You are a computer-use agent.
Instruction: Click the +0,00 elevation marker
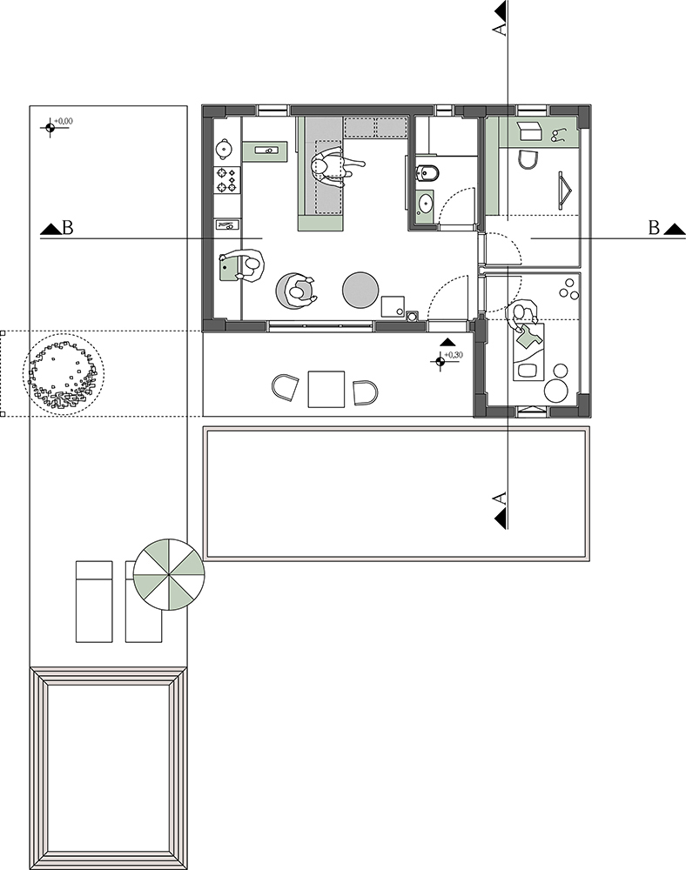pyautogui.click(x=50, y=127)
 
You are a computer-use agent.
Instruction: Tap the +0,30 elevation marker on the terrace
pyautogui.click(x=441, y=361)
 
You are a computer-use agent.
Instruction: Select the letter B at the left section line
pyautogui.click(x=68, y=227)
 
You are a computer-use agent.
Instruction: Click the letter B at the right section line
pyautogui.click(x=655, y=227)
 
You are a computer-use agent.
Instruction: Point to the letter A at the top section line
pyautogui.click(x=500, y=29)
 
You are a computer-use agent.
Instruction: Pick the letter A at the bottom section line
pyautogui.click(x=500, y=498)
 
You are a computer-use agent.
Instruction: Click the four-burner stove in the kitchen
pyautogui.click(x=227, y=180)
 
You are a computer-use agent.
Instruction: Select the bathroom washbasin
pyautogui.click(x=426, y=203)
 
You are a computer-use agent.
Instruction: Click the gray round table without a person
pyautogui.click(x=360, y=290)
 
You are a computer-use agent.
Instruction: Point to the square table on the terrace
pyautogui.click(x=326, y=389)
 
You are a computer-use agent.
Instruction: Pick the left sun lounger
pyautogui.click(x=94, y=601)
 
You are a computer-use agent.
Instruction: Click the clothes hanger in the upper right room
pyautogui.click(x=566, y=191)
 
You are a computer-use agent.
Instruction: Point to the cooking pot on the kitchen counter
pyautogui.click(x=224, y=148)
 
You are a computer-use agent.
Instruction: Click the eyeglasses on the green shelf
pyautogui.click(x=558, y=134)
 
